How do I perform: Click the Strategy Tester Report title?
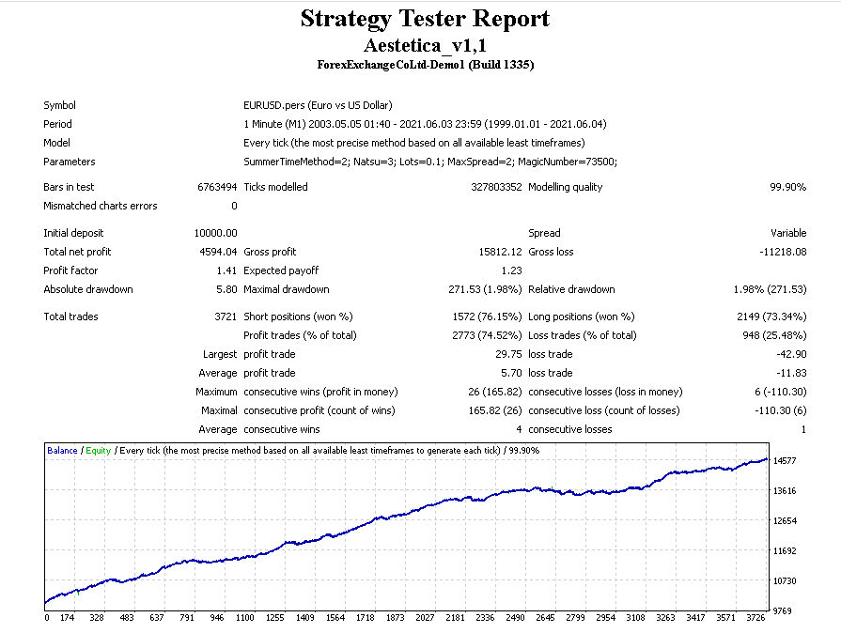[425, 19]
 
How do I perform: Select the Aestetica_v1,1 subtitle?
[425, 44]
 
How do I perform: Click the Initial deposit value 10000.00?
[216, 233]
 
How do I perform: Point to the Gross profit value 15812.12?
[500, 252]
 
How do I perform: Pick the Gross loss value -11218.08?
[783, 252]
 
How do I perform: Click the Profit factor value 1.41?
[226, 270]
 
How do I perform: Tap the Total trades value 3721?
[226, 316]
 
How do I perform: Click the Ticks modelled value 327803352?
[495, 187]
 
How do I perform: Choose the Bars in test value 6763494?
[217, 187]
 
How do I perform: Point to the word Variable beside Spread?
[788, 233]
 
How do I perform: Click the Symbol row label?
[59, 105]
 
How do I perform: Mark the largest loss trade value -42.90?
[790, 354]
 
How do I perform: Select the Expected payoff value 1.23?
[511, 270]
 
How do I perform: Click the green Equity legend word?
[98, 451]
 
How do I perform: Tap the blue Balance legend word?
[62, 451]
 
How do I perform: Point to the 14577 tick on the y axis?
[786, 460]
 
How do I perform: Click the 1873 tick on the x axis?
[396, 618]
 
